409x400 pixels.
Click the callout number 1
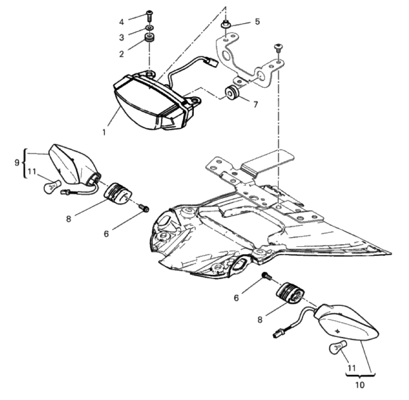[x=104, y=133]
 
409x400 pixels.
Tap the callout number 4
[x=122, y=22]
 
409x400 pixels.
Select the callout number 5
[x=257, y=21]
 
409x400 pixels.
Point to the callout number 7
[x=255, y=104]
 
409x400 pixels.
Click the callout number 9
[x=17, y=163]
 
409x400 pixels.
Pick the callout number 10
[x=360, y=385]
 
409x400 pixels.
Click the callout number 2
[x=122, y=54]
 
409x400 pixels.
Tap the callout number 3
[x=122, y=37]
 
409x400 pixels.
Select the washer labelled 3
[x=150, y=28]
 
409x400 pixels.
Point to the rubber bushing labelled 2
[x=150, y=37]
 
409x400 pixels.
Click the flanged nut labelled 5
[x=225, y=25]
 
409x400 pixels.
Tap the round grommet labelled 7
[x=231, y=93]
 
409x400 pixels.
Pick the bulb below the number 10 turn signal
[x=338, y=348]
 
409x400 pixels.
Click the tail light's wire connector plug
[x=212, y=62]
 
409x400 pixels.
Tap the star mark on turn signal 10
[x=338, y=331]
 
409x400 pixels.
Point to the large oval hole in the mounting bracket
[x=225, y=56]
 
